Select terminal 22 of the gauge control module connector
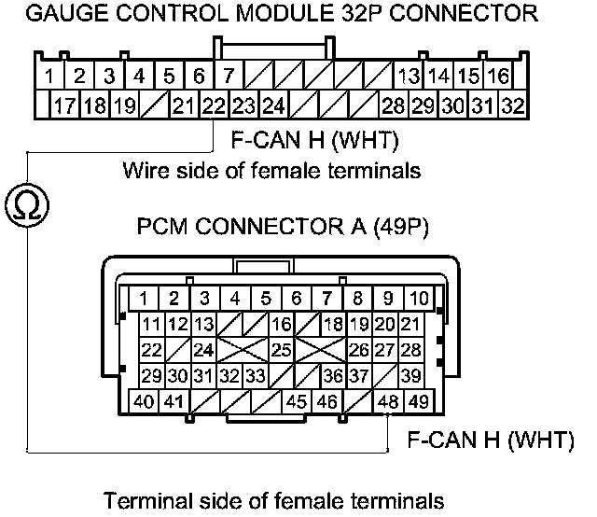(x=215, y=105)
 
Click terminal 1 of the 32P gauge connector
(x=49, y=75)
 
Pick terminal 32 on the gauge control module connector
(x=512, y=105)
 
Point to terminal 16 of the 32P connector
(x=498, y=75)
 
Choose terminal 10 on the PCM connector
(x=419, y=299)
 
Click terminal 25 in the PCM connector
(x=280, y=350)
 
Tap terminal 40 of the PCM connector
(x=144, y=402)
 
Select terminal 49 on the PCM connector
(x=419, y=402)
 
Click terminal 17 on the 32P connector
(x=64, y=105)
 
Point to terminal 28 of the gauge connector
(x=393, y=105)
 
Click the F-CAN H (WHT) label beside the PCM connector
(x=491, y=440)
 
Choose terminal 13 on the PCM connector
(x=204, y=325)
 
